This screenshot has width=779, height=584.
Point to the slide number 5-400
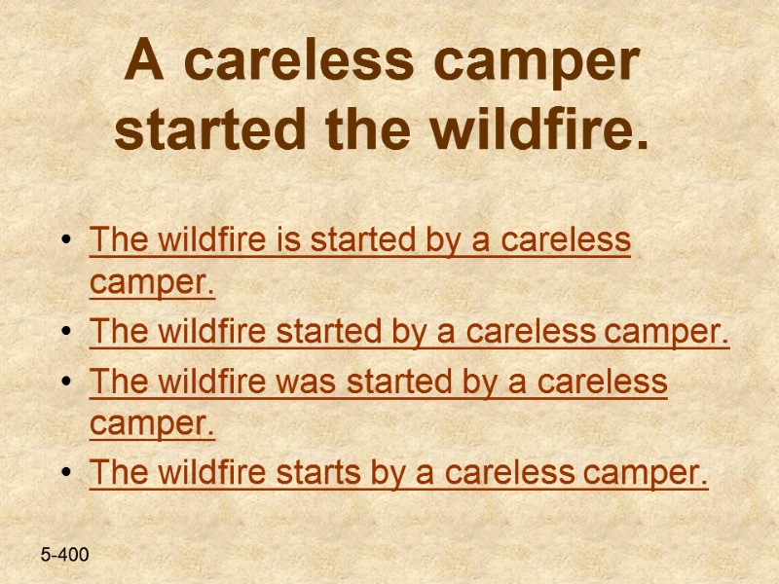click(64, 555)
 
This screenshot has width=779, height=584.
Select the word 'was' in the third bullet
click(293, 382)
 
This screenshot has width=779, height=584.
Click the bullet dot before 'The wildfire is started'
click(65, 241)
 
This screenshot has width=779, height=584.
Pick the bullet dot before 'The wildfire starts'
click(65, 475)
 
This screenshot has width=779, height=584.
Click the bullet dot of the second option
click(65, 334)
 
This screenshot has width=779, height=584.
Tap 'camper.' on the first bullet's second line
click(152, 286)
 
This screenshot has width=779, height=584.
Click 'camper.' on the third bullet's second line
click(152, 426)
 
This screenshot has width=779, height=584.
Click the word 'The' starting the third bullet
click(114, 382)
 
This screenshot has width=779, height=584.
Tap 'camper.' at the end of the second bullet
click(667, 332)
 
